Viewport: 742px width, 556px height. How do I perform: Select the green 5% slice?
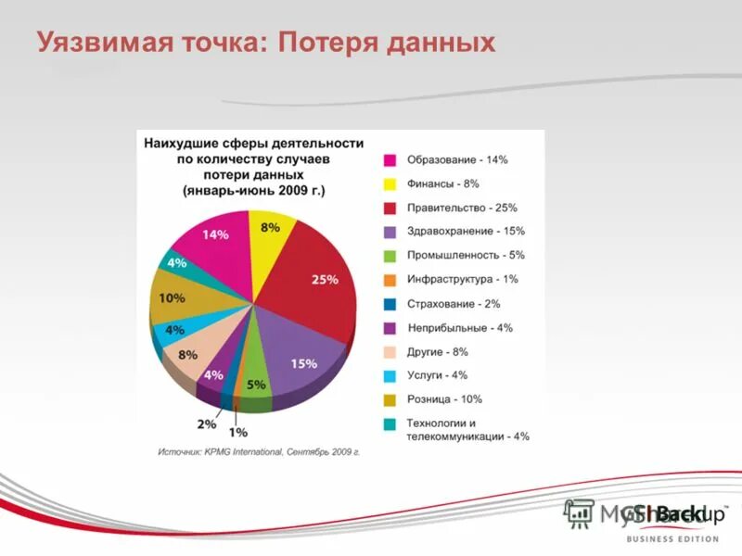[x=256, y=380]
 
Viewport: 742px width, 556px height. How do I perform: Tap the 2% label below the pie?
[x=206, y=423]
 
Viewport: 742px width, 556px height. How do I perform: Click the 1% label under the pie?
[x=238, y=432]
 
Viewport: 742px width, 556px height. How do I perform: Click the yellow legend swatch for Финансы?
[x=390, y=183]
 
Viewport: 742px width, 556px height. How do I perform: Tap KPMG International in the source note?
[x=237, y=452]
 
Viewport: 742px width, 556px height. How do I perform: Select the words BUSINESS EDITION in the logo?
[x=672, y=538]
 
